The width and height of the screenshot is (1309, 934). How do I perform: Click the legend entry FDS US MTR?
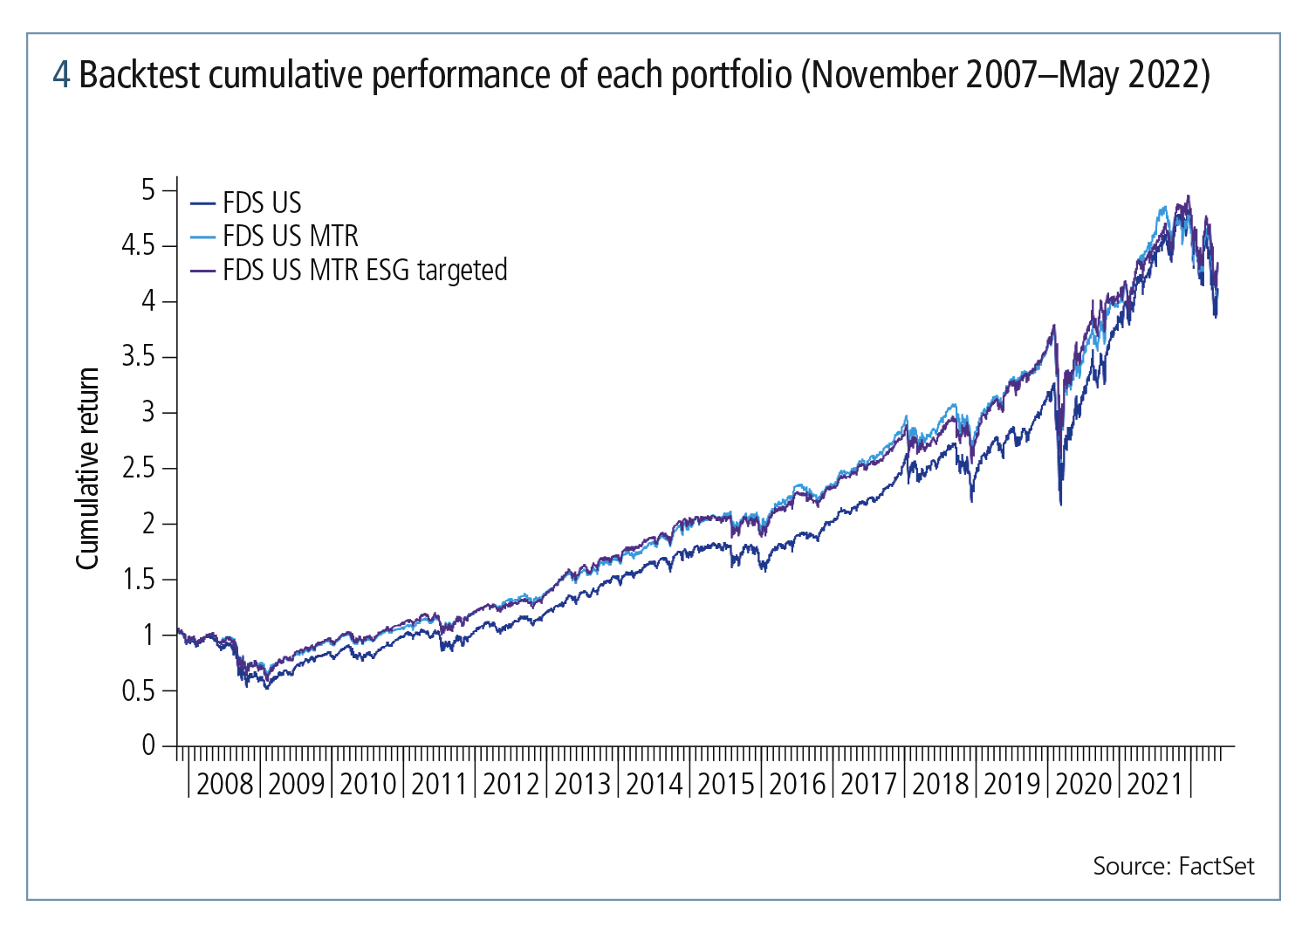[290, 237]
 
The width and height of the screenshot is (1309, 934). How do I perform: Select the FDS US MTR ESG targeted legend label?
[365, 271]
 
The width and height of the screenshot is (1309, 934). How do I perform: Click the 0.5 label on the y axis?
[137, 691]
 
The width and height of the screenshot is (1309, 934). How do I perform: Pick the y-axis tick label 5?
[148, 190]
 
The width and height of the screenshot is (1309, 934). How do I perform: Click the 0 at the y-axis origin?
[148, 745]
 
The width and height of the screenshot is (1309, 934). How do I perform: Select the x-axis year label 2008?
[224, 784]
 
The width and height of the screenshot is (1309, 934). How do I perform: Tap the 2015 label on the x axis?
[725, 784]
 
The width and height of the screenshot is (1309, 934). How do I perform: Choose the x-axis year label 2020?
[1083, 784]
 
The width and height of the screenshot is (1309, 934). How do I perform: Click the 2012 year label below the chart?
[511, 784]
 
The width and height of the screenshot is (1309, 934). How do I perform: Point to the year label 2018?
[940, 784]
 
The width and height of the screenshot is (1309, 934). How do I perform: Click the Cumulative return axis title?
[88, 469]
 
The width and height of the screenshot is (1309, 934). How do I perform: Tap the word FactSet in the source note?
[1216, 866]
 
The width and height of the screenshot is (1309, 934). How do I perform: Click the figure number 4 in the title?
[61, 76]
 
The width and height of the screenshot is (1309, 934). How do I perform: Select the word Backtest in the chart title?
[140, 76]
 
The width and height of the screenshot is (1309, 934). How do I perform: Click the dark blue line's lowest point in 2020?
[1060, 504]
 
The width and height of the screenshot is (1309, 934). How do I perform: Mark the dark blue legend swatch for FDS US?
[202, 203]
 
